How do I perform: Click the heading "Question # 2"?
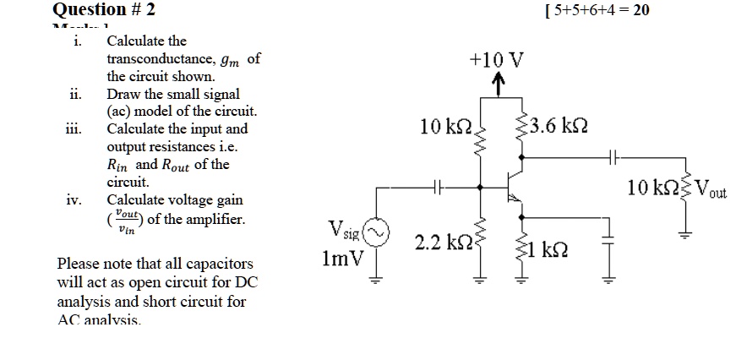(104, 10)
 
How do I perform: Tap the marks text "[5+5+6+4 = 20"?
(586, 10)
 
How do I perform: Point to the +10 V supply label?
(497, 61)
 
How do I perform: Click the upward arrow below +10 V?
(499, 84)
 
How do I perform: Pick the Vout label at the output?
(712, 190)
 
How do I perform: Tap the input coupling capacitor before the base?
(438, 186)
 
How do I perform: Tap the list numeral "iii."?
(72, 129)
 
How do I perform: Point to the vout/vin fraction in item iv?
(126, 222)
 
